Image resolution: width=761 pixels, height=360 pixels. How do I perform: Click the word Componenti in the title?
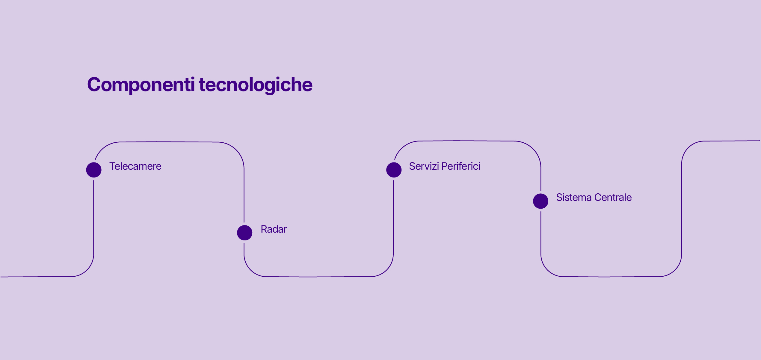(x=141, y=85)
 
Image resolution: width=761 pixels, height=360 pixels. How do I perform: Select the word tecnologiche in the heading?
(x=256, y=85)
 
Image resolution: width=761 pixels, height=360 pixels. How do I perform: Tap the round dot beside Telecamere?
(x=94, y=170)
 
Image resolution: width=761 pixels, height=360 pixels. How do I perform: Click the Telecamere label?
(x=135, y=166)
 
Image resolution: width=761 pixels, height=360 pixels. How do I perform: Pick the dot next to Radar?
(x=244, y=233)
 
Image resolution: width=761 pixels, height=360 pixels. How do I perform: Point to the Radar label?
(x=274, y=229)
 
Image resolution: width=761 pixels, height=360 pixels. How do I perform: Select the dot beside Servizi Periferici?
(x=394, y=170)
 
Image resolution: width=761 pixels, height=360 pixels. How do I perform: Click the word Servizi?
(x=424, y=166)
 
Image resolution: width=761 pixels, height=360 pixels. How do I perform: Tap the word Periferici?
(x=461, y=166)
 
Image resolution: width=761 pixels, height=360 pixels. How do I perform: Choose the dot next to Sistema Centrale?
(x=541, y=201)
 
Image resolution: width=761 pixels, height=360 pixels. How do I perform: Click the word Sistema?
(x=574, y=197)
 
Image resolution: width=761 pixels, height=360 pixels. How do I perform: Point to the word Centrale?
(x=613, y=197)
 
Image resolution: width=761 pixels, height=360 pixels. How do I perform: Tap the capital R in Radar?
(x=264, y=229)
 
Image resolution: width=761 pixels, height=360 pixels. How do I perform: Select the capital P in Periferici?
(x=445, y=166)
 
